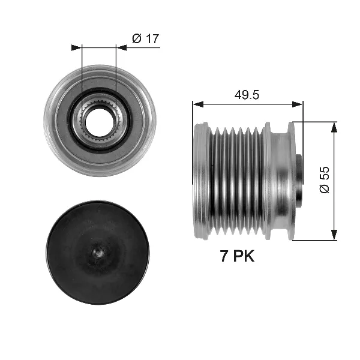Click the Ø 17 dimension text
[145, 39]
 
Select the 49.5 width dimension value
[247, 95]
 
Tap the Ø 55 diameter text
[325, 181]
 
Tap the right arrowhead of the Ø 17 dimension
[120, 47]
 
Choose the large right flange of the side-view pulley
[290, 180]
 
